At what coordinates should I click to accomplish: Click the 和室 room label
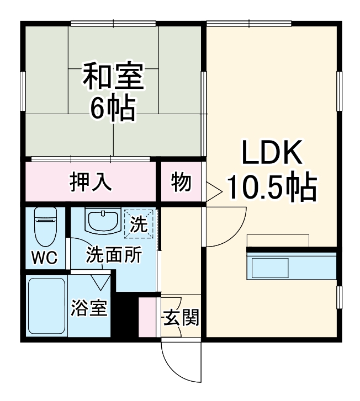[113, 76]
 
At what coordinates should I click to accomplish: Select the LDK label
[272, 152]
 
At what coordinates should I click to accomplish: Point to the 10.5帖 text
[272, 187]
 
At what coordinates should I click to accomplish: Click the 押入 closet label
[91, 182]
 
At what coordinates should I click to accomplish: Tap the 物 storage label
[181, 182]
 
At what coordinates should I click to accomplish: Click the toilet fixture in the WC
[45, 227]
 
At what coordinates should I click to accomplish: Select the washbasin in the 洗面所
[103, 221]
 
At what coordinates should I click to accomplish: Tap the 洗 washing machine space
[139, 224]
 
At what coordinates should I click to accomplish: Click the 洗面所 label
[114, 254]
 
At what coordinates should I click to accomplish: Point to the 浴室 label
[89, 307]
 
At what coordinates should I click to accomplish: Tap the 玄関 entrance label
[181, 317]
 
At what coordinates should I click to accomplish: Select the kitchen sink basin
[270, 268]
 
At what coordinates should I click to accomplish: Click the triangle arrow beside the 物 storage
[213, 192]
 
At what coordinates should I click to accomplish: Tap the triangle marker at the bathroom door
[100, 282]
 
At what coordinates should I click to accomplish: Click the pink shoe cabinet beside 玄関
[147, 317]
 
